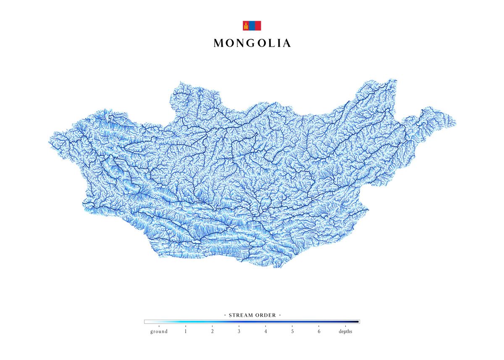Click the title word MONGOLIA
click(252, 43)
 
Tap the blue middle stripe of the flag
click(252, 26)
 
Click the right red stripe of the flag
click(258, 26)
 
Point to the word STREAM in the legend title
click(240, 315)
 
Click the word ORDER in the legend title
click(265, 315)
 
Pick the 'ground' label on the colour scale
click(159, 331)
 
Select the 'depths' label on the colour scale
click(346, 331)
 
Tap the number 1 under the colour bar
click(186, 331)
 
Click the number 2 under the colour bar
click(213, 331)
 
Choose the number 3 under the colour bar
click(239, 331)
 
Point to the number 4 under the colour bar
click(265, 331)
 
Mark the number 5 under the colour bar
click(292, 331)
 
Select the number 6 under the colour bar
click(319, 331)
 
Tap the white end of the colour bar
click(147, 322)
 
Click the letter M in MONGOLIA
click(218, 43)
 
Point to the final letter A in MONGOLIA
click(286, 43)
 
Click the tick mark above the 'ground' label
click(159, 326)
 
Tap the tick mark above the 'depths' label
click(346, 326)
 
